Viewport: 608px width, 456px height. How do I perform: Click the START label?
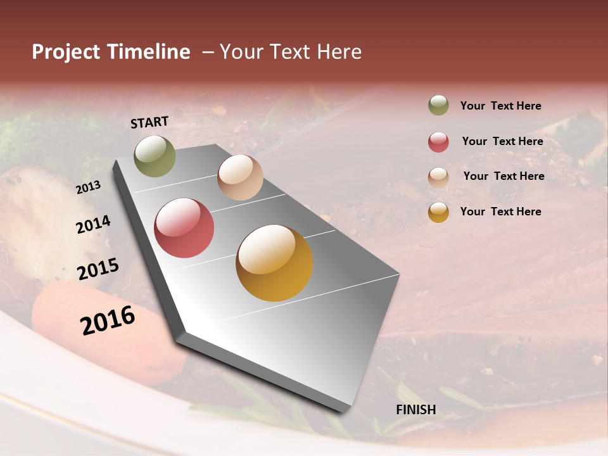(149, 122)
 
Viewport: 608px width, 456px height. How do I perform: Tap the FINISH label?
(415, 410)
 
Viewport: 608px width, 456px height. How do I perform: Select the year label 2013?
(88, 187)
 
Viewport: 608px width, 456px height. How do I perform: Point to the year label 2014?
(93, 225)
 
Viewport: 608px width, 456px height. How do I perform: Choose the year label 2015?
(98, 269)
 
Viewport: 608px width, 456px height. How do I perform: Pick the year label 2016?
(108, 320)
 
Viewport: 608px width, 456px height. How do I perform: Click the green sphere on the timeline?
(155, 156)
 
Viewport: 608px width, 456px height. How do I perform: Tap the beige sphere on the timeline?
(240, 177)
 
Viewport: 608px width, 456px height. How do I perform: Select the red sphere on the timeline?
(184, 228)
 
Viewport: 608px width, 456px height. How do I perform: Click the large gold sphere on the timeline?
(274, 263)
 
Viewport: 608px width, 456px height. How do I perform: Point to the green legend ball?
(438, 105)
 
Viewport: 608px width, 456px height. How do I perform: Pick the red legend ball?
(438, 142)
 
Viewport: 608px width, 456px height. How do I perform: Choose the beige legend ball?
(438, 177)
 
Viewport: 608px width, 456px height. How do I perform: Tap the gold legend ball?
(438, 212)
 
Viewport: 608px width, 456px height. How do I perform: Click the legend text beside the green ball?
(500, 106)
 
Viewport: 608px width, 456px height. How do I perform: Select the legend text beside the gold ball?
(500, 212)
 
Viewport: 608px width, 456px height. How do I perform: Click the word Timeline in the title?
(149, 52)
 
